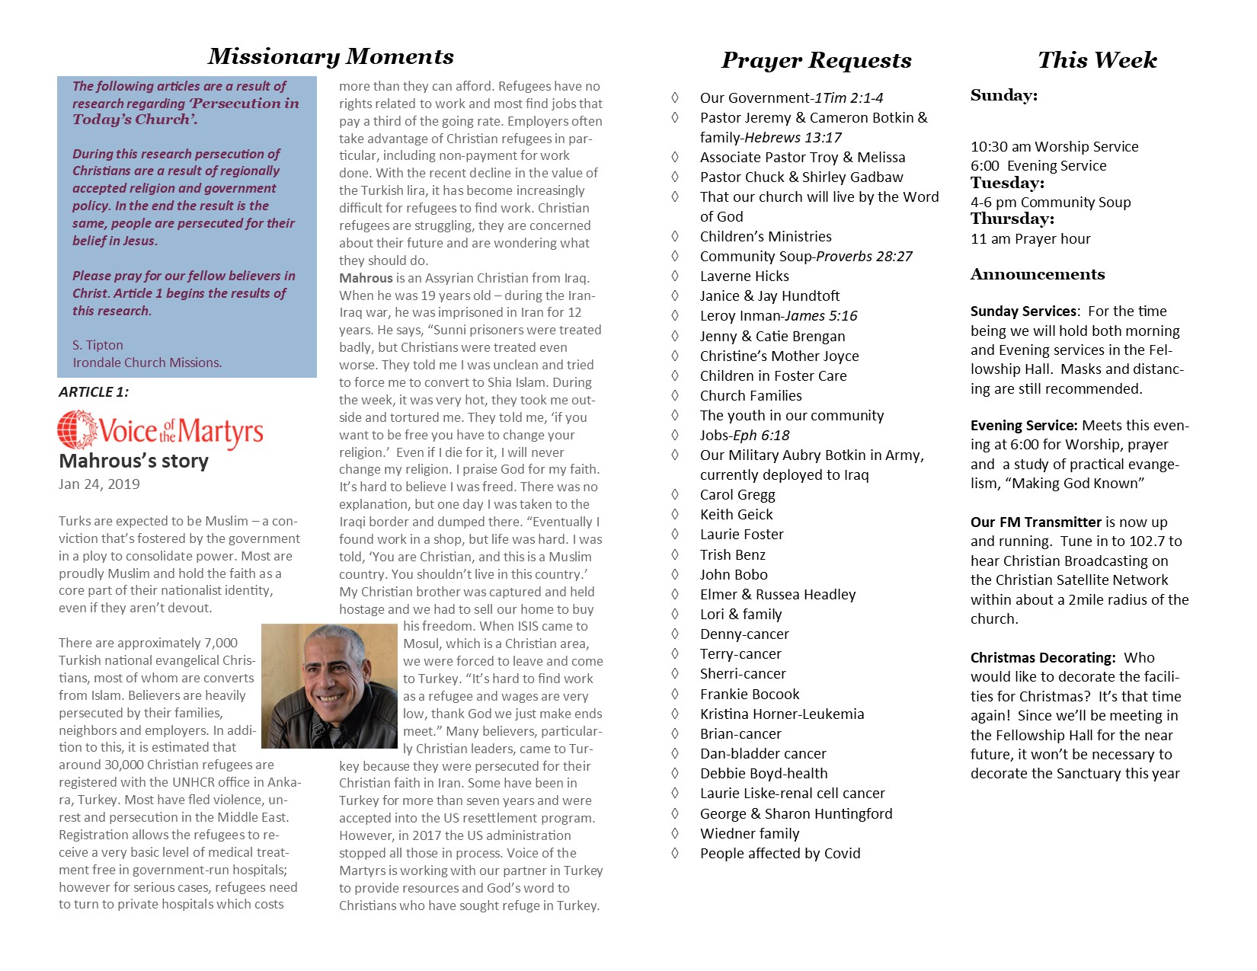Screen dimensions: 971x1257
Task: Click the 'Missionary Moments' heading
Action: [x=331, y=56]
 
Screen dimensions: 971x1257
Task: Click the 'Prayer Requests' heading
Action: [x=816, y=60]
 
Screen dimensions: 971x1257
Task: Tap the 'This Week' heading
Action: [x=1097, y=60]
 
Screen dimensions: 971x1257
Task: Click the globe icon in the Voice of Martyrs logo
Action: [x=77, y=430]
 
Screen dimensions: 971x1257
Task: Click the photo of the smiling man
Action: [x=329, y=685]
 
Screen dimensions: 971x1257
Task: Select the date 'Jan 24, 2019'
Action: [x=99, y=484]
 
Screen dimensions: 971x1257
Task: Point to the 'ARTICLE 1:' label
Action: [x=94, y=392]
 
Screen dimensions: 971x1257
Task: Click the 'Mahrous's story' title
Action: [x=133, y=461]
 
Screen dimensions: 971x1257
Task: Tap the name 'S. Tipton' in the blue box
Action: [x=98, y=345]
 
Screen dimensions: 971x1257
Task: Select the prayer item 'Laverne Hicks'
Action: [x=744, y=276]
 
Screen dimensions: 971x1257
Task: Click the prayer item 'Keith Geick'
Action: [x=736, y=514]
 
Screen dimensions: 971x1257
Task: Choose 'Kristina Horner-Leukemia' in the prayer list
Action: [x=782, y=714]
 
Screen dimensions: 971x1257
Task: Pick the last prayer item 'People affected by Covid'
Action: [x=780, y=853]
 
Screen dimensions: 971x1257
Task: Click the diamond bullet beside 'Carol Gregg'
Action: [x=675, y=494]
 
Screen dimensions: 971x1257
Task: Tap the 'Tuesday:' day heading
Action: [x=1007, y=183]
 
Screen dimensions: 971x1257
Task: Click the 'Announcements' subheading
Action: [x=1038, y=274]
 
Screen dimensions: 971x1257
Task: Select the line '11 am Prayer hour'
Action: [x=1030, y=238]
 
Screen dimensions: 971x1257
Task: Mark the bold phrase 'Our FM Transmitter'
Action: [x=1036, y=522]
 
